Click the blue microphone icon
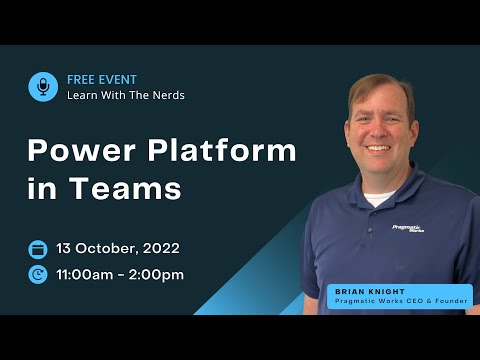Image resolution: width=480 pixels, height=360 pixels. (x=43, y=87)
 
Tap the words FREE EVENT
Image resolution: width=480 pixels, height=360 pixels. (x=102, y=79)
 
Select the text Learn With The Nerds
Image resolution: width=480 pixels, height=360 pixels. (x=125, y=96)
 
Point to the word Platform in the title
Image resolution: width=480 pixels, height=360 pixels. (x=227, y=151)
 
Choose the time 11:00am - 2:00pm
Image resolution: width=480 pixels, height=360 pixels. (x=120, y=274)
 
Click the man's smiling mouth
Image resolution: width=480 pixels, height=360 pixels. (x=379, y=148)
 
